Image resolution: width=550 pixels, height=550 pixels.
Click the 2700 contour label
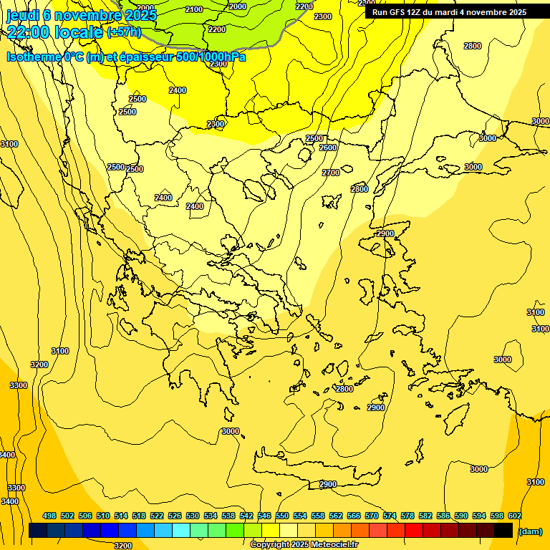point(331,173)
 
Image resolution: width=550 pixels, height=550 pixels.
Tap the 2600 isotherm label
point(328,148)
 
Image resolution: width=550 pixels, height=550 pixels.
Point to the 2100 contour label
point(193,9)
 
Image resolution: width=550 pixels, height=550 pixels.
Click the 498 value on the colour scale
point(49,516)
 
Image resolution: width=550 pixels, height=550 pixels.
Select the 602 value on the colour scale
point(515,516)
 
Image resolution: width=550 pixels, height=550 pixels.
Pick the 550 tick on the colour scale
point(282,516)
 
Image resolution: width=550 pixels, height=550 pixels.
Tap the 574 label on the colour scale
point(390,516)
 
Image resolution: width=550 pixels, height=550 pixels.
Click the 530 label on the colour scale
point(193,516)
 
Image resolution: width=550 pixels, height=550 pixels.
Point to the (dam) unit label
point(530,531)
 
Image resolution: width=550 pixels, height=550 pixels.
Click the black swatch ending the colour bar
point(503,530)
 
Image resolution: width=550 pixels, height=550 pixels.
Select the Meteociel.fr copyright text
point(304,545)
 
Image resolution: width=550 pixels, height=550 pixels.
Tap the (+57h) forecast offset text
point(123,32)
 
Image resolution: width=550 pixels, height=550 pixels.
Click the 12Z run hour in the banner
point(419,12)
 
